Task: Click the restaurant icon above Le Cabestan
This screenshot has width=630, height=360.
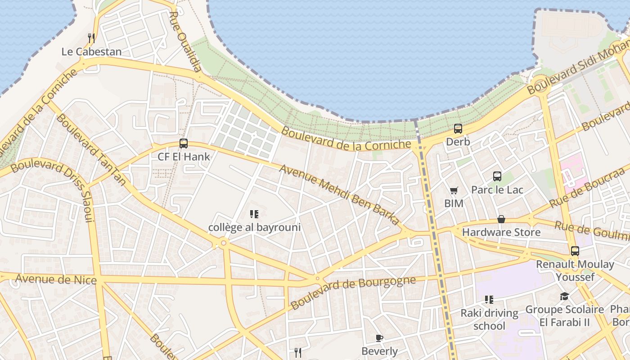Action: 91,38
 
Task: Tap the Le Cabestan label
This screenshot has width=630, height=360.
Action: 91,52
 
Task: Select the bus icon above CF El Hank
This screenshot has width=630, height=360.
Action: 184,144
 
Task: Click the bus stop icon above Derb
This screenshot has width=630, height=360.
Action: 458,129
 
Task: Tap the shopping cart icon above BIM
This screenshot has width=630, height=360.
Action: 454,191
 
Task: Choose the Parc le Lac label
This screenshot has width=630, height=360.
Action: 497,189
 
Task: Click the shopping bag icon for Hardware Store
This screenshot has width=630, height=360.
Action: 501,219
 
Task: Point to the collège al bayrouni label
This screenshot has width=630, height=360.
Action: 254,227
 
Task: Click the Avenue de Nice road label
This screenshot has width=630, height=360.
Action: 56,279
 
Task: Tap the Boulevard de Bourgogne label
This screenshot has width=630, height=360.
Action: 353,292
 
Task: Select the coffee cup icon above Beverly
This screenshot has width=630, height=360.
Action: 379,338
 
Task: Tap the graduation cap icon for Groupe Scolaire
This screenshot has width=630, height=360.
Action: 564,296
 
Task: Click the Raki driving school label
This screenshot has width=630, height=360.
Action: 489,319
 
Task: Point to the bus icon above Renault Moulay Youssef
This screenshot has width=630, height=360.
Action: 575,251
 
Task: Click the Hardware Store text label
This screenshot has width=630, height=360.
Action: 501,232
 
